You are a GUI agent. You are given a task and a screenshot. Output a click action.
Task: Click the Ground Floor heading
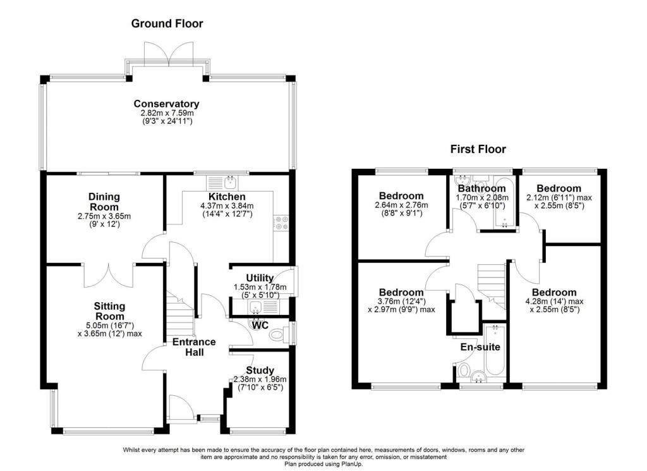167,24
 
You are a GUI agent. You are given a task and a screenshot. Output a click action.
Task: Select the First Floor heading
478,149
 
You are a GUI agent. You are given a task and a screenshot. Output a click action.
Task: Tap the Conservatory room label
166,104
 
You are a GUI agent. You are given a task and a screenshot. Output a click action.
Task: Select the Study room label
260,370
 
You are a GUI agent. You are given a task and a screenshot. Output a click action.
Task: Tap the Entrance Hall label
195,347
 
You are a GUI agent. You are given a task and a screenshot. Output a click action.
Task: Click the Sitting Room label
106,311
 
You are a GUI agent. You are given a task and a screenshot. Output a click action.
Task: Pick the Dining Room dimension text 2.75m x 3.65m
104,216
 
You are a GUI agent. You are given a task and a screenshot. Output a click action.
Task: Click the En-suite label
480,346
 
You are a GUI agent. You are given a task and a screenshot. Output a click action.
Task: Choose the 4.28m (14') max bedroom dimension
553,301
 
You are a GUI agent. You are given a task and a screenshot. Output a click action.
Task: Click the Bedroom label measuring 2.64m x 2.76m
401,196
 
